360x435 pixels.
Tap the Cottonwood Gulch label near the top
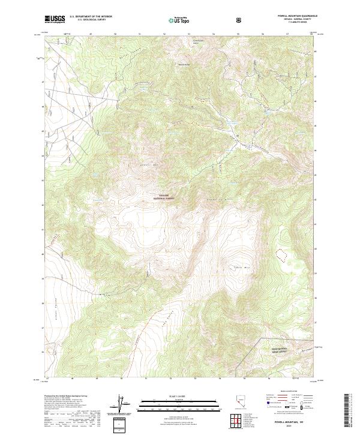point(196,42)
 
